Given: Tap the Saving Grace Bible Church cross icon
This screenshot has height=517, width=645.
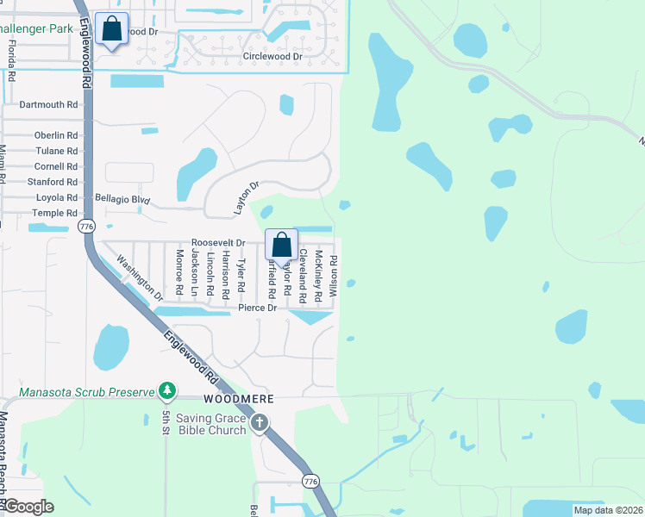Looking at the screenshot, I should click(x=260, y=423).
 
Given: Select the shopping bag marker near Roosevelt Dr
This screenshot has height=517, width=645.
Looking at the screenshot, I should click(x=282, y=245).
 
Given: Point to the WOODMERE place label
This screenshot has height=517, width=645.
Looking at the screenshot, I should click(x=239, y=400).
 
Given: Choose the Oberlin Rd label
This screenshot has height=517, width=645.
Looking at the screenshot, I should click(x=56, y=135).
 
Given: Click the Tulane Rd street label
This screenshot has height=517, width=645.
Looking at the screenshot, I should click(x=56, y=151).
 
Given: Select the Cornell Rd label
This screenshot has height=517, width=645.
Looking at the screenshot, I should click(x=56, y=166).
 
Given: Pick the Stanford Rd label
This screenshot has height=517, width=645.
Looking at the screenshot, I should click(x=52, y=182).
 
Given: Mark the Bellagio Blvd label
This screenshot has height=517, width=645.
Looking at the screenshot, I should click(x=122, y=200).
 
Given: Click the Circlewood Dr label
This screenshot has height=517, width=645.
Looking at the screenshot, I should click(x=272, y=57).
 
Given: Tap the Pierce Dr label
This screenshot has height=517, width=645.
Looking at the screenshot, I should click(x=257, y=308).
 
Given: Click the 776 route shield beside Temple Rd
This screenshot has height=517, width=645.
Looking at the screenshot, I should click(x=85, y=226).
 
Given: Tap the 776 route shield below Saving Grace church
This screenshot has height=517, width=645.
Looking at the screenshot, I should click(x=310, y=480).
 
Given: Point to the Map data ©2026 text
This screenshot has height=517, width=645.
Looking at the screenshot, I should click(x=608, y=510).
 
